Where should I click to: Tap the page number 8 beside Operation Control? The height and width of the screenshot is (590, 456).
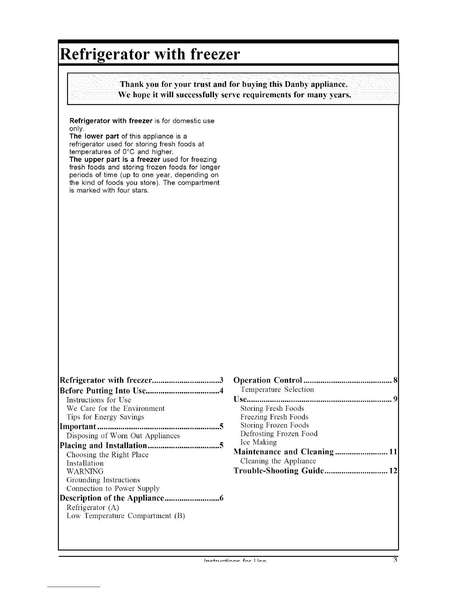coord(396,380)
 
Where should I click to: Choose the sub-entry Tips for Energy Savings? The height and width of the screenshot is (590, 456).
coord(105,417)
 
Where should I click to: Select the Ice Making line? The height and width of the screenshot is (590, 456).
coord(259,442)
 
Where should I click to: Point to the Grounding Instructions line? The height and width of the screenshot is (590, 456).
coord(103,480)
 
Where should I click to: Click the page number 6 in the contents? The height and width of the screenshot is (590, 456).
coord(221,498)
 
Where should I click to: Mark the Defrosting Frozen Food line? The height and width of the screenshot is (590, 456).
coord(279,434)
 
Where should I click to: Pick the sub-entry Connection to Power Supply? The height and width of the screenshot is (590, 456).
coord(113,488)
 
